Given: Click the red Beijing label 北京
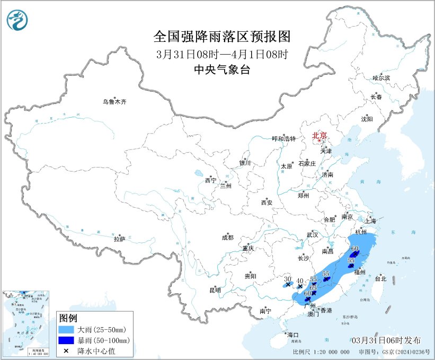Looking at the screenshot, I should pyautogui.click(x=319, y=135).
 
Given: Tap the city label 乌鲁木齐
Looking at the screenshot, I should pyautogui.click(x=115, y=102).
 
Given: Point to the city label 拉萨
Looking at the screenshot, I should pyautogui.click(x=119, y=239).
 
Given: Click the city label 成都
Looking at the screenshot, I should pyautogui.click(x=228, y=238).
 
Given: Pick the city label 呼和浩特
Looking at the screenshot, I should pyautogui.click(x=283, y=139).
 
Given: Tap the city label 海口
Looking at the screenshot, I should pyautogui.click(x=293, y=335).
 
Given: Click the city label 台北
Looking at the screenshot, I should pyautogui.click(x=380, y=278).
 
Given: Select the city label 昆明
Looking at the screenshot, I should pyautogui.click(x=215, y=290).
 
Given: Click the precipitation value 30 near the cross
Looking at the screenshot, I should pyautogui.click(x=287, y=279).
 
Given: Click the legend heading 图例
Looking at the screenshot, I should pyautogui.click(x=68, y=318).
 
